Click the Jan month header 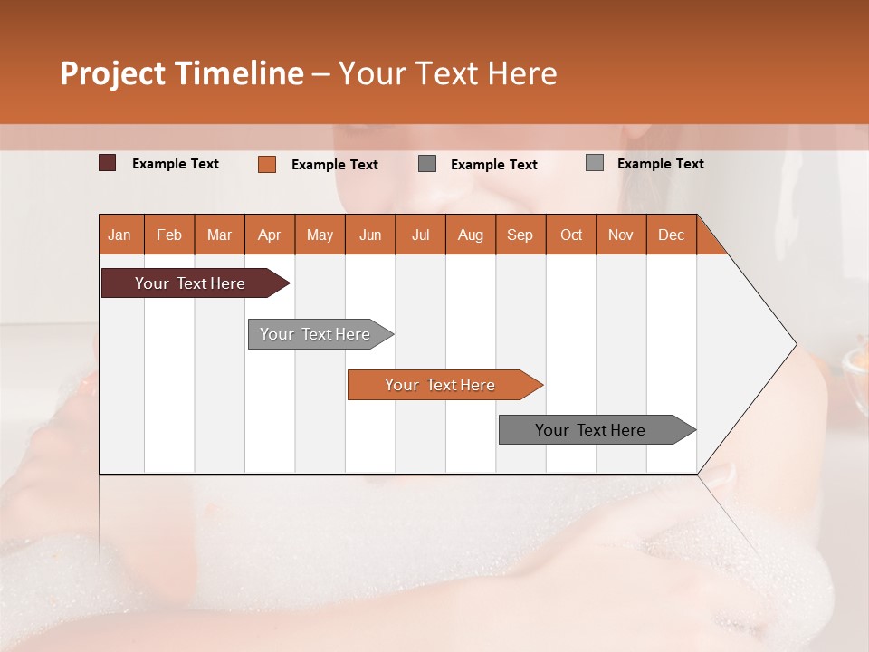tap(120, 235)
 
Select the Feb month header tap(169, 235)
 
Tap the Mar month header tap(219, 235)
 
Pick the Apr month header tap(270, 235)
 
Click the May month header tap(320, 235)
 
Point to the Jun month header tap(370, 235)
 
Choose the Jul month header tap(420, 235)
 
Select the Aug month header tap(471, 235)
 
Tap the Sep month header tap(520, 235)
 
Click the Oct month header tap(571, 235)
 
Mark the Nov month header tap(621, 235)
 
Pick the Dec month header tap(672, 235)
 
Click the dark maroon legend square tap(108, 163)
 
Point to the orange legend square tap(267, 164)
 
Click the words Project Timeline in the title tap(182, 73)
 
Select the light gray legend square tap(595, 163)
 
